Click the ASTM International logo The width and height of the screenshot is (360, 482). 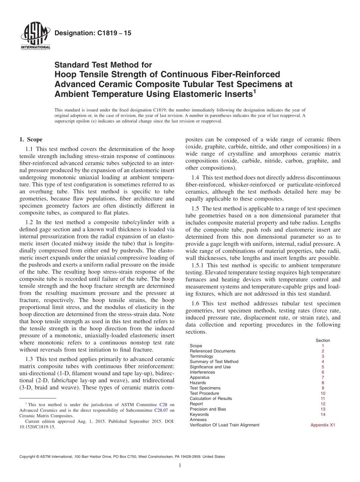point(35,36)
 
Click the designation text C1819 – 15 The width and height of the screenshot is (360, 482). point(93,33)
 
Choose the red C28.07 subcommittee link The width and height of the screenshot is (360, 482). point(161,410)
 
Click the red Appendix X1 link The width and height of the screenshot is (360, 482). point(323,425)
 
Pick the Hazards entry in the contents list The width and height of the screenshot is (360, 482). point(198,383)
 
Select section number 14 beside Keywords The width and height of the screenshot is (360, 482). point(323,415)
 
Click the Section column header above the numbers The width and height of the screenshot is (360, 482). point(323,340)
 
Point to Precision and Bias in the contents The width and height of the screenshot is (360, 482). point(208,409)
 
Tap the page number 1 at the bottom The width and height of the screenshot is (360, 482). point(180,466)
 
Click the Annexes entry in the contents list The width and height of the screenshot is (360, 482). point(198,420)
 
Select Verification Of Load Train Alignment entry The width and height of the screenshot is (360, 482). point(224,425)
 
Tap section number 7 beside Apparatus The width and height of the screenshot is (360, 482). point(323,377)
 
